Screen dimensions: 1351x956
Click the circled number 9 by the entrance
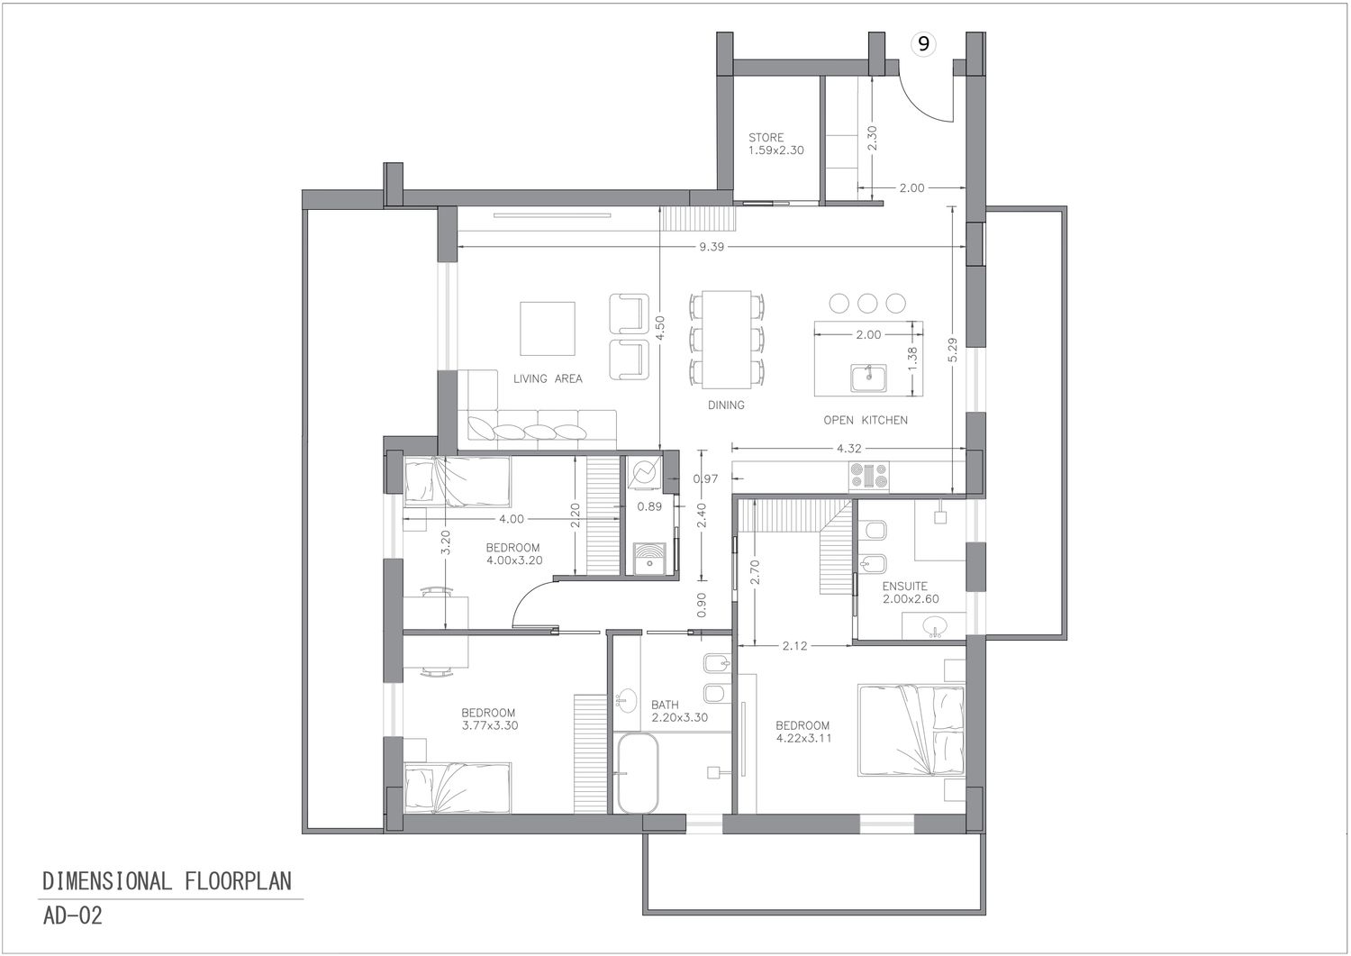click(x=923, y=44)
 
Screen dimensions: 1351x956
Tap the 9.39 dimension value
click(x=712, y=246)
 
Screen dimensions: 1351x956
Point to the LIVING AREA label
click(x=548, y=378)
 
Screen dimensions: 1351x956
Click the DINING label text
click(x=726, y=405)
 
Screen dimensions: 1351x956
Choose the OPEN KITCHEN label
click(x=866, y=420)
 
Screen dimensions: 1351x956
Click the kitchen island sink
click(x=868, y=378)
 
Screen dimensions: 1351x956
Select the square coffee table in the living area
click(x=548, y=328)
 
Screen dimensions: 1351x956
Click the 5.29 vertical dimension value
click(x=952, y=350)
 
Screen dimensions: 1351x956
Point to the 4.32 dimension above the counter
click(x=848, y=449)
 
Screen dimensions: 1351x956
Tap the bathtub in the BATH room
click(x=638, y=773)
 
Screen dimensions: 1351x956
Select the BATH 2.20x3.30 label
click(x=679, y=711)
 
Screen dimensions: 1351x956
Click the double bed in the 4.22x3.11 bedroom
click(x=911, y=730)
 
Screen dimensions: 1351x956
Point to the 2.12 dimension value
click(x=794, y=646)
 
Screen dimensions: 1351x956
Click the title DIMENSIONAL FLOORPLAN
click(x=167, y=881)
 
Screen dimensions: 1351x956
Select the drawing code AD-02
click(x=72, y=915)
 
